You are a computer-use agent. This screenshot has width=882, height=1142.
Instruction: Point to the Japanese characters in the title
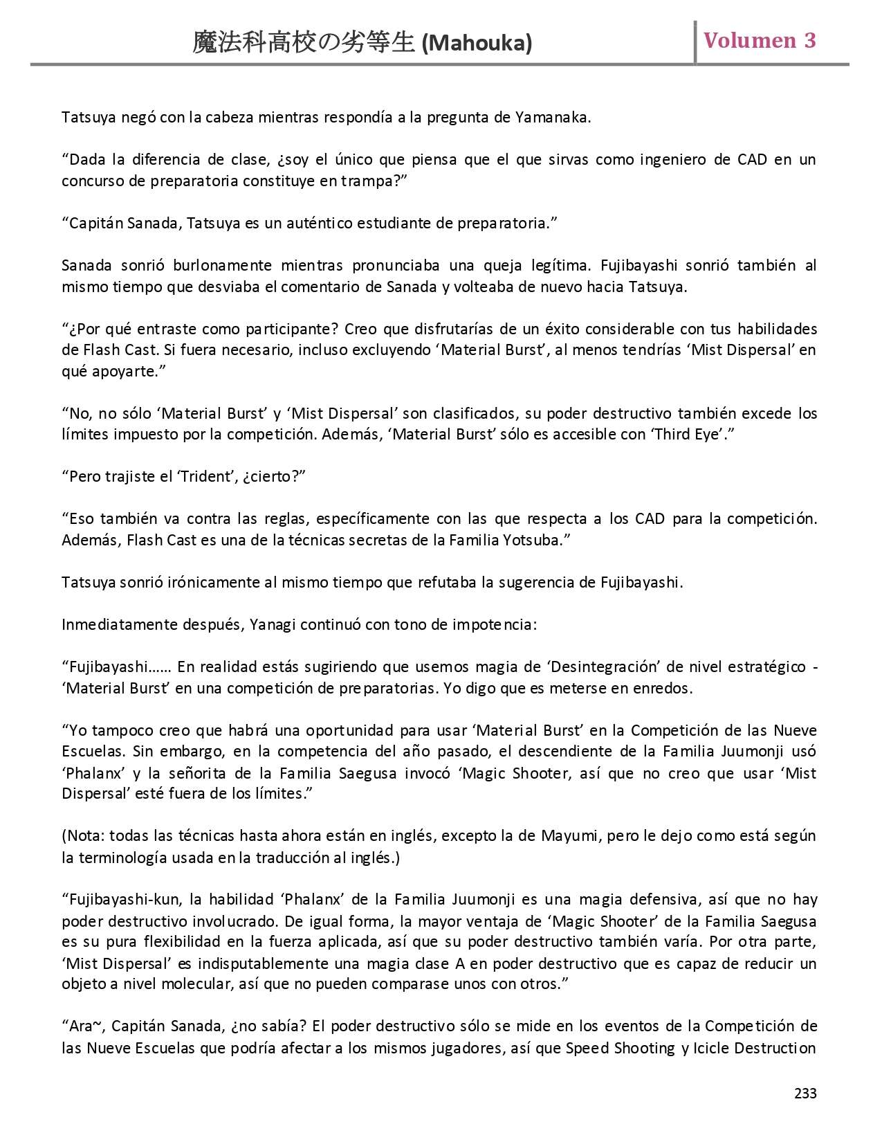coord(305,44)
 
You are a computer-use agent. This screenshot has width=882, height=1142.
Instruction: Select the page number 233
coord(805,1093)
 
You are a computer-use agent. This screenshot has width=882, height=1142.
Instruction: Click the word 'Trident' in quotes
coord(205,477)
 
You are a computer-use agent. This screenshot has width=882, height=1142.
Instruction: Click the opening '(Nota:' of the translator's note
coord(83,835)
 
